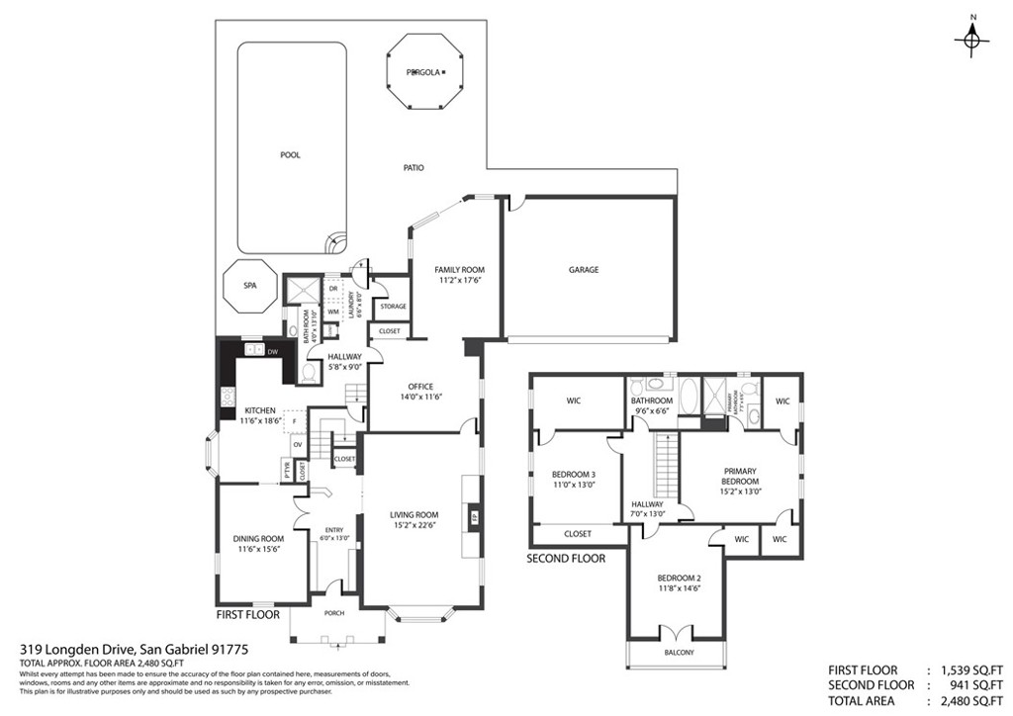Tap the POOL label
(x=290, y=155)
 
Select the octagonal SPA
(x=250, y=286)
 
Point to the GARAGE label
(x=583, y=269)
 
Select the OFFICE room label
(x=421, y=387)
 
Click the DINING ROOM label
(x=259, y=539)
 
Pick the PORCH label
(x=336, y=613)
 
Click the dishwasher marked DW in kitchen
(x=273, y=350)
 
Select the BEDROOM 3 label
(x=574, y=474)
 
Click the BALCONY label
(x=679, y=653)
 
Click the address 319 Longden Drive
(x=133, y=649)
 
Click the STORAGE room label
(x=393, y=307)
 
